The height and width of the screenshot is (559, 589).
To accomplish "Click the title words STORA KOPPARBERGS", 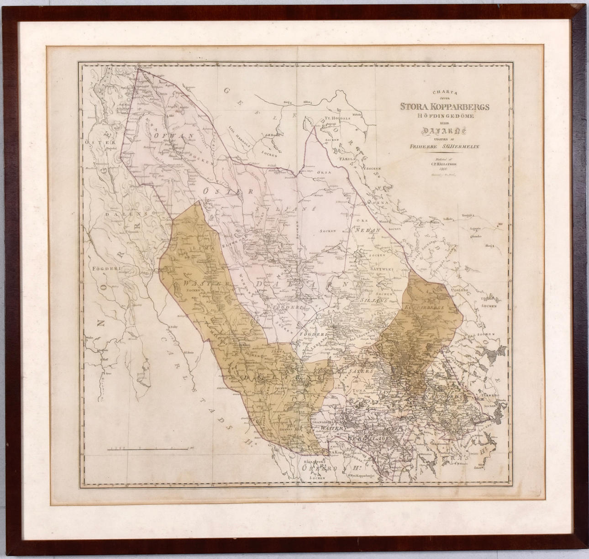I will tap(444, 107).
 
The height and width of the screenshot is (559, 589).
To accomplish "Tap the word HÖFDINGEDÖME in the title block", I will tap(444, 116).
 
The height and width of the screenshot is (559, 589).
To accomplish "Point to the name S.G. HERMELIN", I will tap(459, 147).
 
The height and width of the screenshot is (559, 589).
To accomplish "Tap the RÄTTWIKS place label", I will tap(382, 270).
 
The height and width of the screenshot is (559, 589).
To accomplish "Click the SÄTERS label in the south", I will tap(361, 372).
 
